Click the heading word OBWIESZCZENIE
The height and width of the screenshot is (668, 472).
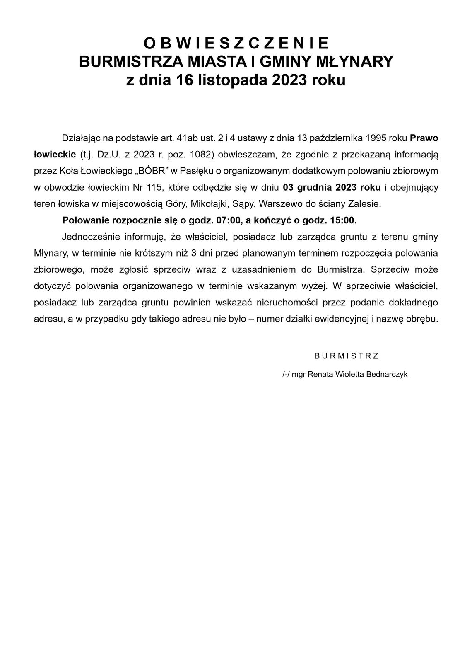coord(236,43)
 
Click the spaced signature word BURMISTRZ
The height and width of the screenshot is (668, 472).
coord(347,356)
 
